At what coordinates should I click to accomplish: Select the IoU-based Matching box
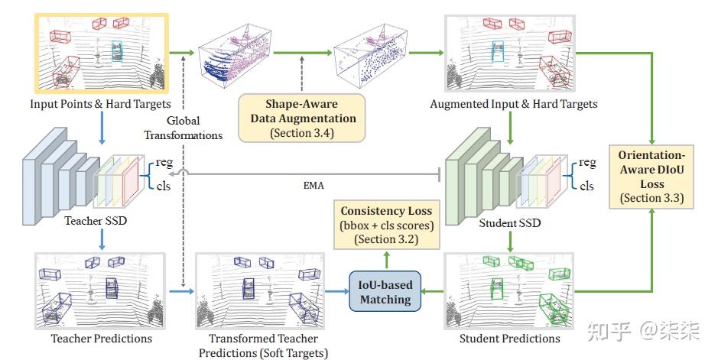pos(385,292)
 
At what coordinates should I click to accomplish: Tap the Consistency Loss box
pos(386,225)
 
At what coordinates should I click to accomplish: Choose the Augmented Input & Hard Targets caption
pos(514,104)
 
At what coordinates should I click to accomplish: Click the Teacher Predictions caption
pos(102,338)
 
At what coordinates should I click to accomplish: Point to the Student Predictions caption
pos(510,338)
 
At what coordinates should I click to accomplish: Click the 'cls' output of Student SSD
pos(586,186)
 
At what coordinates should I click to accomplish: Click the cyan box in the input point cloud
pos(116,51)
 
